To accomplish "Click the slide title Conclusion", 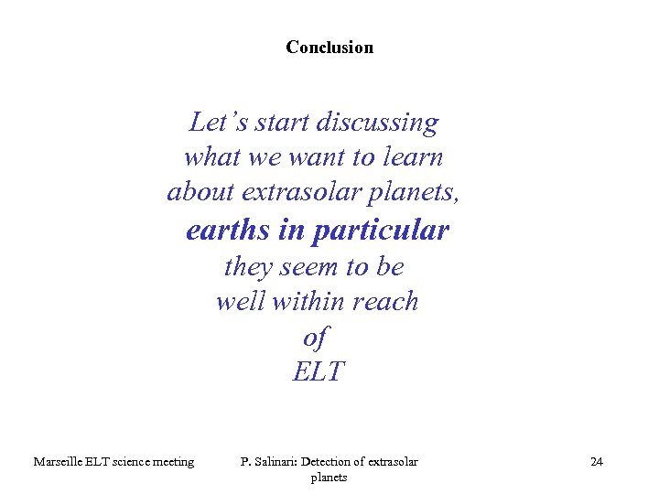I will pos(329,47).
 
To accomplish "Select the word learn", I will pos(413,157).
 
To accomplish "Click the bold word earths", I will pos(228,231).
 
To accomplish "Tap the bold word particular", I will pos(380,231).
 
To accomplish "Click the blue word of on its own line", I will pos(315,338).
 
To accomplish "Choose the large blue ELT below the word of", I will pos(319,372).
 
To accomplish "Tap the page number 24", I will pos(597,462).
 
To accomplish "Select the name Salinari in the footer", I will pos(276,462).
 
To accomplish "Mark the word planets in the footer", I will pos(329,478).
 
